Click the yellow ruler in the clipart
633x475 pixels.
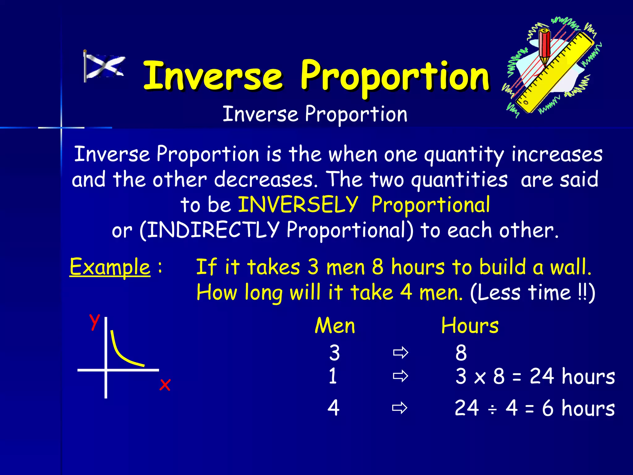556,74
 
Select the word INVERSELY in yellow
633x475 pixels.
298,205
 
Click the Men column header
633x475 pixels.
335,326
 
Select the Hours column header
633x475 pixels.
470,326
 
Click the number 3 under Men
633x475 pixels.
334,353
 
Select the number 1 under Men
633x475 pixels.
333,376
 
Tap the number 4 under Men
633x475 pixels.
333,408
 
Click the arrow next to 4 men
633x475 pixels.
400,408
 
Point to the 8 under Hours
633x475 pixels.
461,353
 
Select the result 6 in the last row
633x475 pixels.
548,408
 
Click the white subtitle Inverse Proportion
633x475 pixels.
315,114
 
